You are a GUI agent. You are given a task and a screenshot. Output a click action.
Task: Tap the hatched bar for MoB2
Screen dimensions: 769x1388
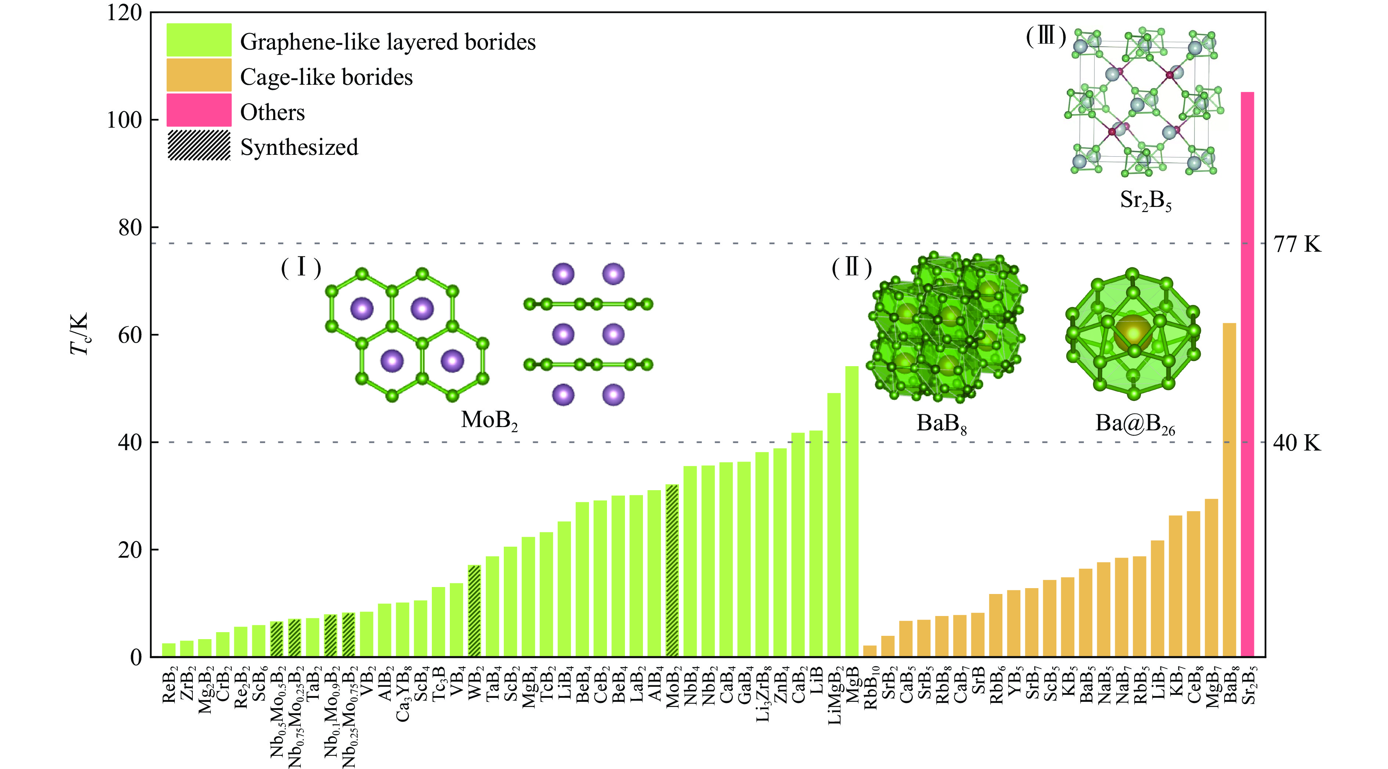pyautogui.click(x=672, y=571)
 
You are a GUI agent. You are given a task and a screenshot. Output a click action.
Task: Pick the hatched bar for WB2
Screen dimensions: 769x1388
pyautogui.click(x=474, y=611)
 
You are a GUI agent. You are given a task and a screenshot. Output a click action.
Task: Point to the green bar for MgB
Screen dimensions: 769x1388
pyautogui.click(x=852, y=511)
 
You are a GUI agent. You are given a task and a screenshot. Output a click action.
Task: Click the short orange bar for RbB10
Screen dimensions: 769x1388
pyautogui.click(x=870, y=651)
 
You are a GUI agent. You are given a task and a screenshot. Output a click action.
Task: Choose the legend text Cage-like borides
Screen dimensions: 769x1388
pyautogui.click(x=326, y=77)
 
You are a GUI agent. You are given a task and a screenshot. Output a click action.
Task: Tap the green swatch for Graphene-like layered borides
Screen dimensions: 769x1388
pyautogui.click(x=199, y=40)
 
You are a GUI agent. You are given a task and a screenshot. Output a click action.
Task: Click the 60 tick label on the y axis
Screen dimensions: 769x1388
pyautogui.click(x=129, y=334)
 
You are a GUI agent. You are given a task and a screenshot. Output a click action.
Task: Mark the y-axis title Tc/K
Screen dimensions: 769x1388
pyautogui.click(x=79, y=334)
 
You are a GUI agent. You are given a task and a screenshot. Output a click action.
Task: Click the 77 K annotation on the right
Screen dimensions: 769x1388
pyautogui.click(x=1297, y=244)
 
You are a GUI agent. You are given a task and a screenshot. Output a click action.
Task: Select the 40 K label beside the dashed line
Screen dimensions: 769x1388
pyautogui.click(x=1297, y=443)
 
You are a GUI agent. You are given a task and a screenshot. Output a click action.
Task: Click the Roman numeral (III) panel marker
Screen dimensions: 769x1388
pyautogui.click(x=1046, y=37)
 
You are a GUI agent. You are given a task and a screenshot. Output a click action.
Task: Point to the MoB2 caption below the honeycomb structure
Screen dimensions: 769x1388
pyautogui.click(x=489, y=420)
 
